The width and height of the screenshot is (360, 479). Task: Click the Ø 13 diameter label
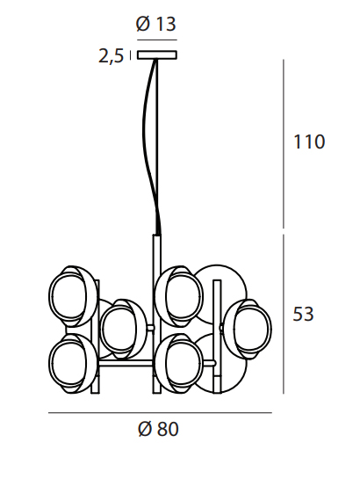[155, 25]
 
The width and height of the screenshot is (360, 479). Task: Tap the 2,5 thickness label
[110, 57]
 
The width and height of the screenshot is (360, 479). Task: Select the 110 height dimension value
[309, 142]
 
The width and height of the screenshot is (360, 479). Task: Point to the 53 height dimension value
[303, 314]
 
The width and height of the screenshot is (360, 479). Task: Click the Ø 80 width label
[158, 430]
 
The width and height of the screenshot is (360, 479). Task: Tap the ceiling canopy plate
[155, 55]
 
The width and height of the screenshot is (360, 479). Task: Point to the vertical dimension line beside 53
[283, 314]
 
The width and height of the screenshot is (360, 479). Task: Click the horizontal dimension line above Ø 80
[158, 412]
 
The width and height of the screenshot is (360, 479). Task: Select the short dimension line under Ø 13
[155, 40]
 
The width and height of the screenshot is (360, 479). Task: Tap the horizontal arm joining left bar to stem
[126, 359]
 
